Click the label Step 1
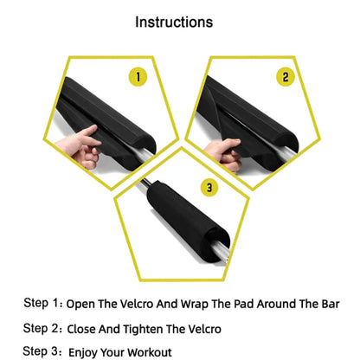point(42,303)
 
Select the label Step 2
point(42,328)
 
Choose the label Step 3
point(42,351)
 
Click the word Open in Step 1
point(83,304)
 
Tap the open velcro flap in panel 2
point(221,130)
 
